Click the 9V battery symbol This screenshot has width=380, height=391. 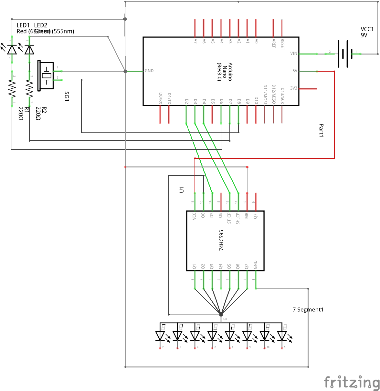click(343, 54)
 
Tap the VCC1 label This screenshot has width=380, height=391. click(367, 32)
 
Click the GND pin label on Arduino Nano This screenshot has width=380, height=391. click(149, 71)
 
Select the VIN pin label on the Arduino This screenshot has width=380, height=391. click(293, 54)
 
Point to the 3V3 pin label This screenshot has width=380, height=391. click(293, 88)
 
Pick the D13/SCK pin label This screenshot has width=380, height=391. click(282, 96)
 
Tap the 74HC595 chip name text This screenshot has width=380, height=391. click(221, 240)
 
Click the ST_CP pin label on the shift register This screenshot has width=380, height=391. click(229, 218)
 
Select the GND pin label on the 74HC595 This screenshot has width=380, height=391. click(255, 265)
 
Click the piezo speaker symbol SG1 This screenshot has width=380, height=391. click(46, 75)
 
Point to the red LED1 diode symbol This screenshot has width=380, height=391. click(12, 50)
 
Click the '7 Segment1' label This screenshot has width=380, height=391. click(308, 310)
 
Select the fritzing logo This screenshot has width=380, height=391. click(352, 382)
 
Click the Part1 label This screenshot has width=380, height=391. click(321, 130)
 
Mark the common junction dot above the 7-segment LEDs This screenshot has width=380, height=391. click(221, 314)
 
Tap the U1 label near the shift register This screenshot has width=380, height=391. click(182, 189)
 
